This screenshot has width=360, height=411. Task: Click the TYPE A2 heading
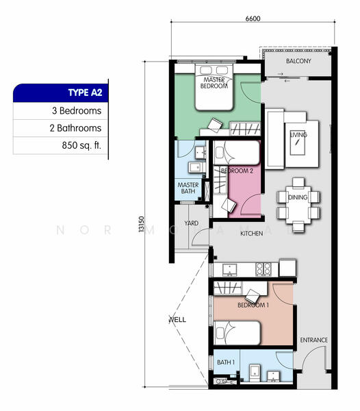click(x=84, y=93)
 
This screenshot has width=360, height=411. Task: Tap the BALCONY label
click(x=298, y=61)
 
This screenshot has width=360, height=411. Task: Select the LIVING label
click(x=298, y=135)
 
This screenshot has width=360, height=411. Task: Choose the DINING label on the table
click(x=298, y=197)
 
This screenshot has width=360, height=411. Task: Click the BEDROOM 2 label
click(x=237, y=171)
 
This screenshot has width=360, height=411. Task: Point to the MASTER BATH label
click(x=188, y=188)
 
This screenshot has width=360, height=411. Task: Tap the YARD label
click(x=191, y=223)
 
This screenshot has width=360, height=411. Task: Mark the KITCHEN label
click(x=251, y=234)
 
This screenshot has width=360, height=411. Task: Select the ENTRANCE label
click(x=313, y=340)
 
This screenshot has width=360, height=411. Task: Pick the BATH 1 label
click(x=226, y=362)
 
